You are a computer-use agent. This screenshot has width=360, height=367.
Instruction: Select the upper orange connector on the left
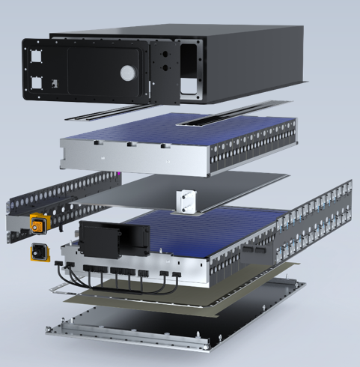(35, 222)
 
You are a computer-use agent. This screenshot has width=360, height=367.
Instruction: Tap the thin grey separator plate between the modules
(150, 189)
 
